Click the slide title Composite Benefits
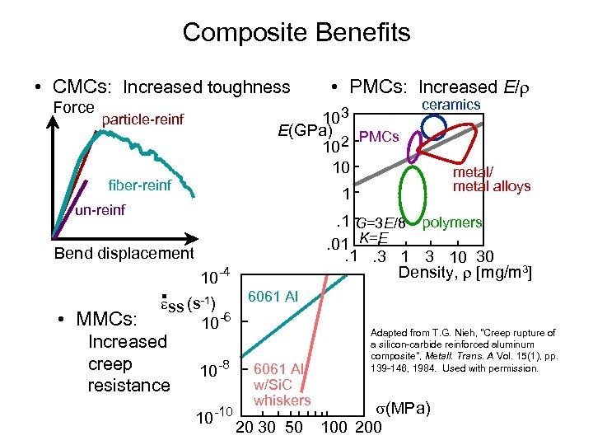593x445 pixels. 296,33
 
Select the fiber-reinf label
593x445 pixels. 140,185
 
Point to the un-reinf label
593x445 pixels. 100,211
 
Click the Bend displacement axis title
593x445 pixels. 124,254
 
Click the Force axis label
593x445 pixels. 73,107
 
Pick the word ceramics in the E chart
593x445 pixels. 451,105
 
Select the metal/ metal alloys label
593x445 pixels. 492,180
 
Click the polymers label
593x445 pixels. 452,222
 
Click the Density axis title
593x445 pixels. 465,272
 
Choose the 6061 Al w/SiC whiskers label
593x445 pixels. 280,384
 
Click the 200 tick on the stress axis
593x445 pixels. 368,427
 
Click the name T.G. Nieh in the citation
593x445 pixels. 465,333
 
